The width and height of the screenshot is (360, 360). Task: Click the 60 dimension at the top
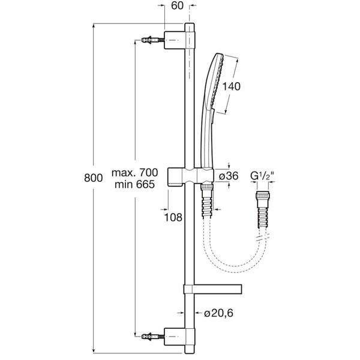pos(177,6)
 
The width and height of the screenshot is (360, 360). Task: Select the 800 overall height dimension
pos(93,178)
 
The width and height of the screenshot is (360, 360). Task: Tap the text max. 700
pos(135,173)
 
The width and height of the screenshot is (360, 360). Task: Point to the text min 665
pos(134,184)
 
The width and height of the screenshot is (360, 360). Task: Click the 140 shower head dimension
pos(231,86)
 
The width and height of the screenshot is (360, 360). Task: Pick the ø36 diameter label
pos(229,176)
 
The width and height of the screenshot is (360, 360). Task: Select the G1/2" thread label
pos(262,176)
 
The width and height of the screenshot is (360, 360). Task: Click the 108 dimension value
pos(173,217)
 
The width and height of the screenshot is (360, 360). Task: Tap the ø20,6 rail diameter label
pos(218,313)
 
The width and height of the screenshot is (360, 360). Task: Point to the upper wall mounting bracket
pos(179,40)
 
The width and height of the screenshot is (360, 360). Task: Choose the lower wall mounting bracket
pos(179,337)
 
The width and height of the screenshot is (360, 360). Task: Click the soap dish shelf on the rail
pos(213,289)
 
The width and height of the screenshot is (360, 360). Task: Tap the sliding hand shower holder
pos(191,176)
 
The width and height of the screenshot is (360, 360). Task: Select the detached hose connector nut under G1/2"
pos(262,196)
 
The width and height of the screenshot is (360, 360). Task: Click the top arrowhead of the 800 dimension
pos(93,26)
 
